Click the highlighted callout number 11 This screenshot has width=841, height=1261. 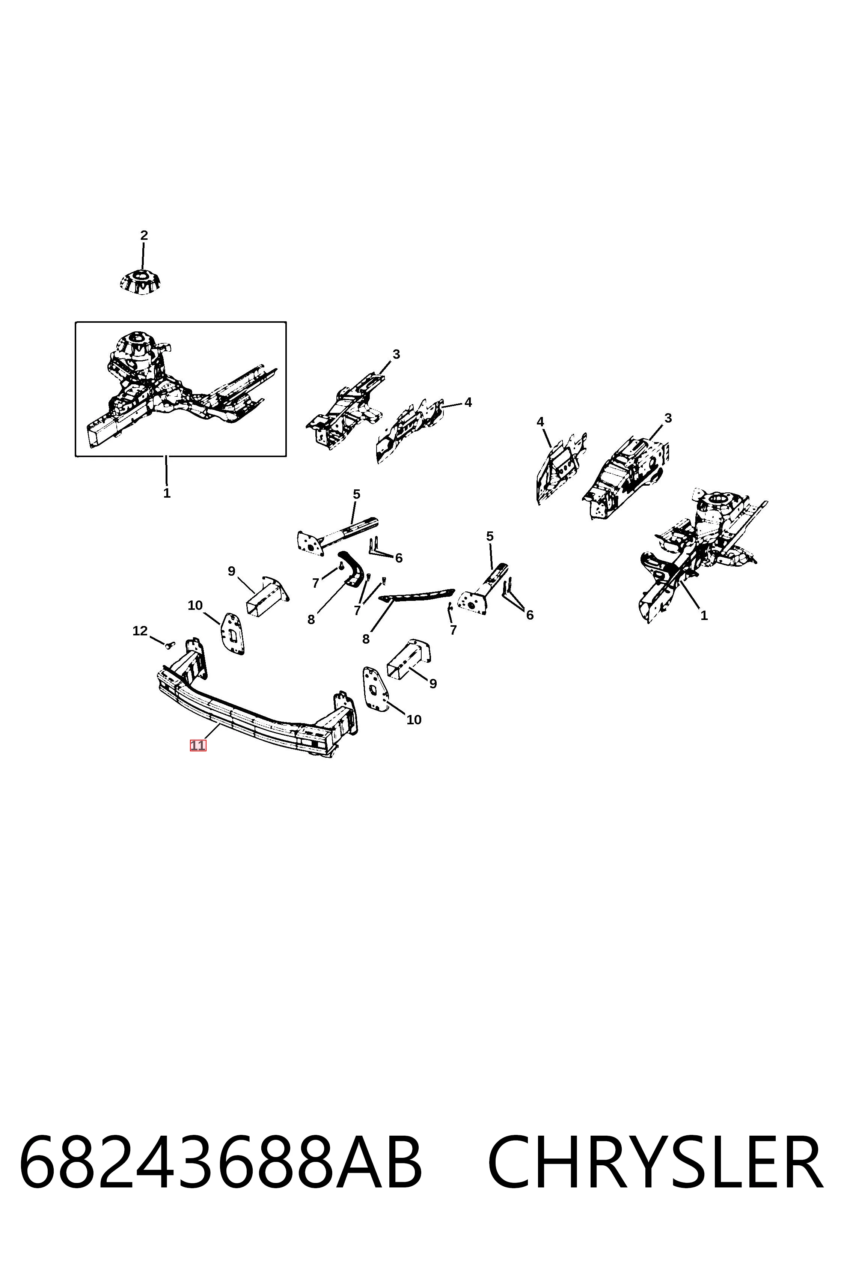coord(197,745)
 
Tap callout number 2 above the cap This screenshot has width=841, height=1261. coord(144,235)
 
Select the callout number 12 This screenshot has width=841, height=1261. coord(140,631)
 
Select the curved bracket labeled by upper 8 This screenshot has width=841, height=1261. coord(353,567)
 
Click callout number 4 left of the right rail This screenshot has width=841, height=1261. coord(540,422)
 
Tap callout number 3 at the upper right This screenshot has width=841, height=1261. coord(668,418)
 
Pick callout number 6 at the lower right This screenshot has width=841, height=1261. coord(530,615)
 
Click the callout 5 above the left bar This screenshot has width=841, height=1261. coord(356,494)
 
